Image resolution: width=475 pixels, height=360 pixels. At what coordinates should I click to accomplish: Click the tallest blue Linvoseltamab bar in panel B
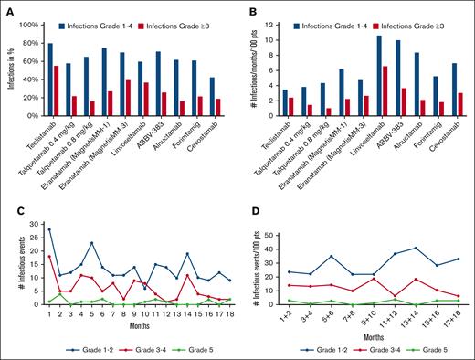click(378, 74)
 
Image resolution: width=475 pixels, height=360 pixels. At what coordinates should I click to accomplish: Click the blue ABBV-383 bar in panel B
click(398, 77)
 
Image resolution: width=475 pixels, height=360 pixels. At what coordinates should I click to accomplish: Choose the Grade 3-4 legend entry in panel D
click(371, 347)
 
